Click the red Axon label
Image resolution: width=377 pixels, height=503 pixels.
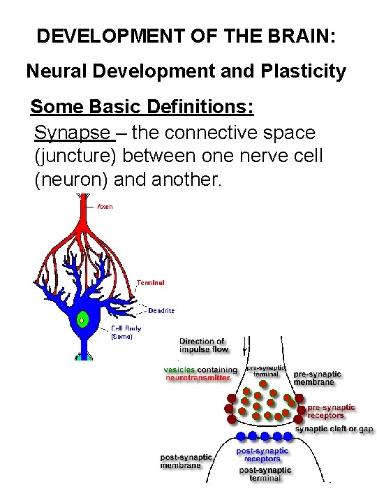coord(105,206)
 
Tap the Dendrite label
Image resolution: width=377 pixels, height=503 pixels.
coord(161,310)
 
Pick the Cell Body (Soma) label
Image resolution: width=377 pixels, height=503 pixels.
coord(125,332)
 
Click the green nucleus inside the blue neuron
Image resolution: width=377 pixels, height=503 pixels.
coord(84,320)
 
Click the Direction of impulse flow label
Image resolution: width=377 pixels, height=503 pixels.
coord(202,346)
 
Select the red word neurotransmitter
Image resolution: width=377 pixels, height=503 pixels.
coord(197,378)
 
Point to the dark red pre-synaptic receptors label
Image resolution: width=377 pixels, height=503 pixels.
coord(331,411)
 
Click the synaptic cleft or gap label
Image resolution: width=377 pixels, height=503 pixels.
coord(334,429)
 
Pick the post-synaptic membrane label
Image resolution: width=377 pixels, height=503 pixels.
coord(186,461)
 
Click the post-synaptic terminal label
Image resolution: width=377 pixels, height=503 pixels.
coord(260,474)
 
